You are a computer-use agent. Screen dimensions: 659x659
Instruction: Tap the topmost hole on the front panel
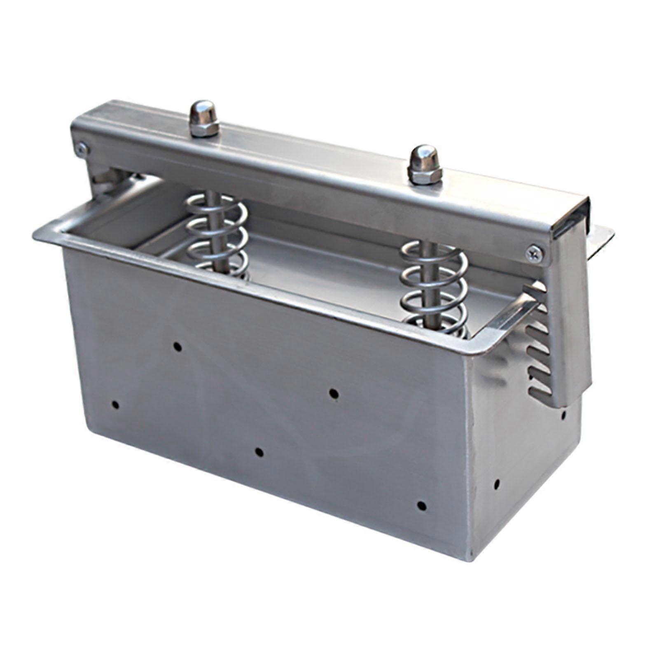point(178,346)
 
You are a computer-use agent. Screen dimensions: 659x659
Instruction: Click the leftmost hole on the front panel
point(115,404)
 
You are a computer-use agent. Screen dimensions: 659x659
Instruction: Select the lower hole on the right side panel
point(496,482)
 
